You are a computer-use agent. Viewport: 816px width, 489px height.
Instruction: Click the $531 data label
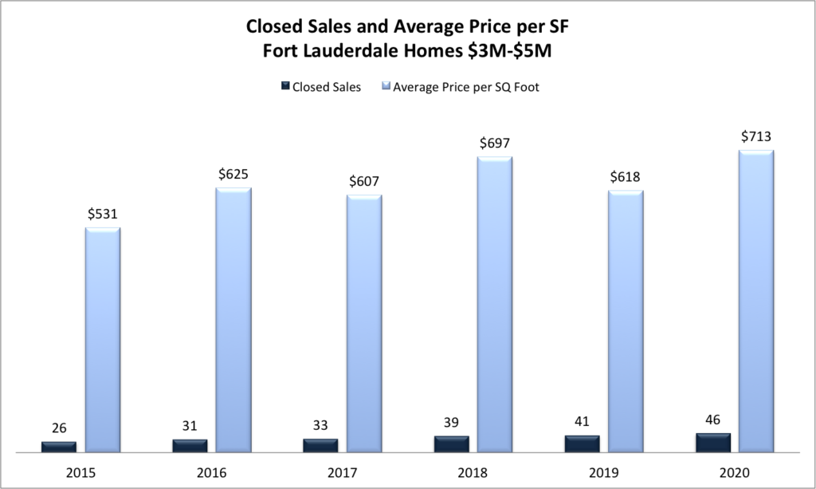[x=103, y=214]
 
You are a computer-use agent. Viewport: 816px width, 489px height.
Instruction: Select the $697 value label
[x=495, y=143]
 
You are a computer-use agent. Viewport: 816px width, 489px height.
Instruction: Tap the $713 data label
[x=756, y=136]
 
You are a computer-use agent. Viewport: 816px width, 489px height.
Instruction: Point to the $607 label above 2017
[x=364, y=181]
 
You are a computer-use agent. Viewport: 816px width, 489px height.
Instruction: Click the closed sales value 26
[x=59, y=428]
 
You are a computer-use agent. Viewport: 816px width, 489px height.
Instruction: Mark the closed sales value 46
[x=712, y=420]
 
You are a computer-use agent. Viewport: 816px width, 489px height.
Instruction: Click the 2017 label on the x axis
[x=342, y=472]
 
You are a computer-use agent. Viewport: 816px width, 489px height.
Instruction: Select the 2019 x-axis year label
[x=603, y=472]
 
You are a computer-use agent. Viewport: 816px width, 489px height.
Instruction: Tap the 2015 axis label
[x=80, y=472]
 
